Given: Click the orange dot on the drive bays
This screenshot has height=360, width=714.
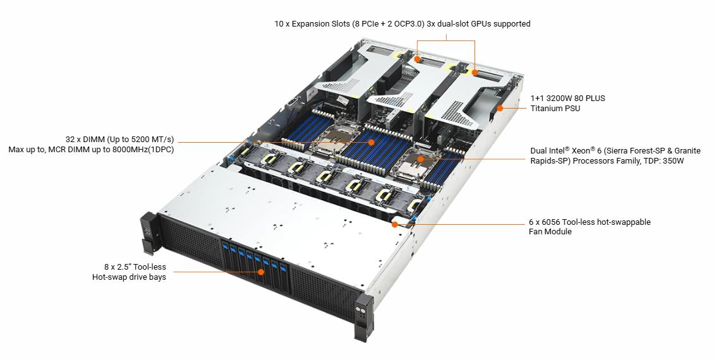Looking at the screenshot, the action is pyautogui.click(x=261, y=272).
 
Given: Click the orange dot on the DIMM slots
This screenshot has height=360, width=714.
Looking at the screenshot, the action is pyautogui.click(x=371, y=142).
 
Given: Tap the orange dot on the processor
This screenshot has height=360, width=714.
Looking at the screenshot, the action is pyautogui.click(x=421, y=159).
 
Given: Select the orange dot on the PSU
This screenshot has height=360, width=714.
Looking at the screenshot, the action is pyautogui.click(x=500, y=109).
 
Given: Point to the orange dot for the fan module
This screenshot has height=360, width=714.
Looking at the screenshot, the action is pyautogui.click(x=395, y=224).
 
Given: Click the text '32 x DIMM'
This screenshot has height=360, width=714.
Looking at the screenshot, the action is pyautogui.click(x=85, y=140).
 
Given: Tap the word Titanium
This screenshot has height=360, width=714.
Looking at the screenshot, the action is pyautogui.click(x=547, y=109).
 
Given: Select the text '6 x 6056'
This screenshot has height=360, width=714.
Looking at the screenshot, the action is pyautogui.click(x=544, y=222).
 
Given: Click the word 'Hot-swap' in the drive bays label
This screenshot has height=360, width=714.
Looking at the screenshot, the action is pyautogui.click(x=109, y=277).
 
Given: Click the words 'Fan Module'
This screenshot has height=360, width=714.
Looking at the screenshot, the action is pyautogui.click(x=550, y=232).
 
